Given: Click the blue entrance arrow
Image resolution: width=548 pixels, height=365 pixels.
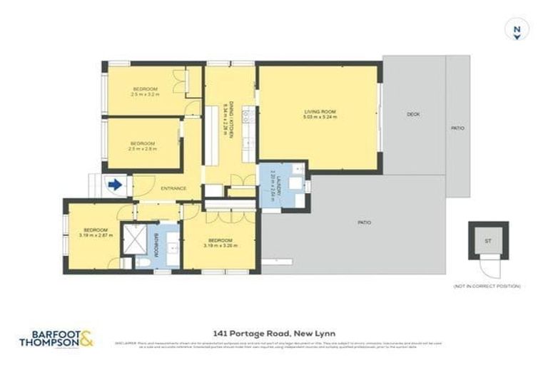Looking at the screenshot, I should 113,185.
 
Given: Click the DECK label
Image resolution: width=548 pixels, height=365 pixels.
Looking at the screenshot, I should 412,115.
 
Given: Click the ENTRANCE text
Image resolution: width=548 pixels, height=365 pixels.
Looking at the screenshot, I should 173,188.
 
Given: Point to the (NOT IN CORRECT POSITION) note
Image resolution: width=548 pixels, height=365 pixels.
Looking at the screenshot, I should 487,286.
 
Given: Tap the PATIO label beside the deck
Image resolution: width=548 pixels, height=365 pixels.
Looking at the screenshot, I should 457,128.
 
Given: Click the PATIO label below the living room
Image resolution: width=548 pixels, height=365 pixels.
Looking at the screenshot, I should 364,222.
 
